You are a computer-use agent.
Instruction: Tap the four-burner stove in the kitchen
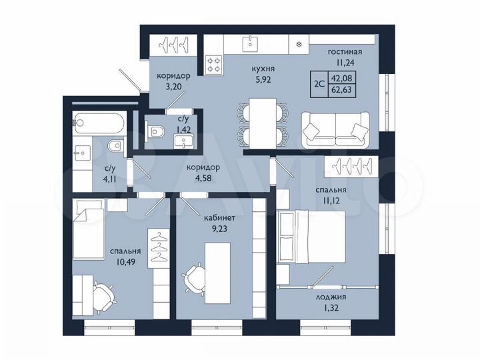pos(214,64)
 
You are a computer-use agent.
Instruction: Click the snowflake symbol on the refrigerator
pos(297,45)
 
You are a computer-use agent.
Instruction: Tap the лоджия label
pos(336,297)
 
